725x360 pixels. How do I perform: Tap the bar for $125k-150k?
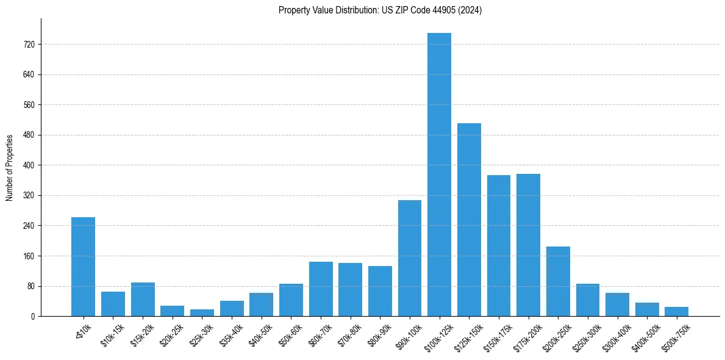[469, 220]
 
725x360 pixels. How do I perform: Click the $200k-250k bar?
[558, 281]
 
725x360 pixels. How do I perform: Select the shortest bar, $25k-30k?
[202, 312]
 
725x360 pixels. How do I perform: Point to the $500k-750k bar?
[676, 311]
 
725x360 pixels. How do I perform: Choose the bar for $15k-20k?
[143, 299]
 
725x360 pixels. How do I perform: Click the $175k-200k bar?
[528, 245]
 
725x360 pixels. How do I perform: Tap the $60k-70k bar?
[321, 289]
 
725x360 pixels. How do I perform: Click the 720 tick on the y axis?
[29, 45]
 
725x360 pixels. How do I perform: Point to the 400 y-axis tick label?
[29, 165]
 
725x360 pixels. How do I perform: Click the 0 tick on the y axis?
[33, 316]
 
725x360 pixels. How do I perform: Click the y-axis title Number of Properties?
[9, 168]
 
